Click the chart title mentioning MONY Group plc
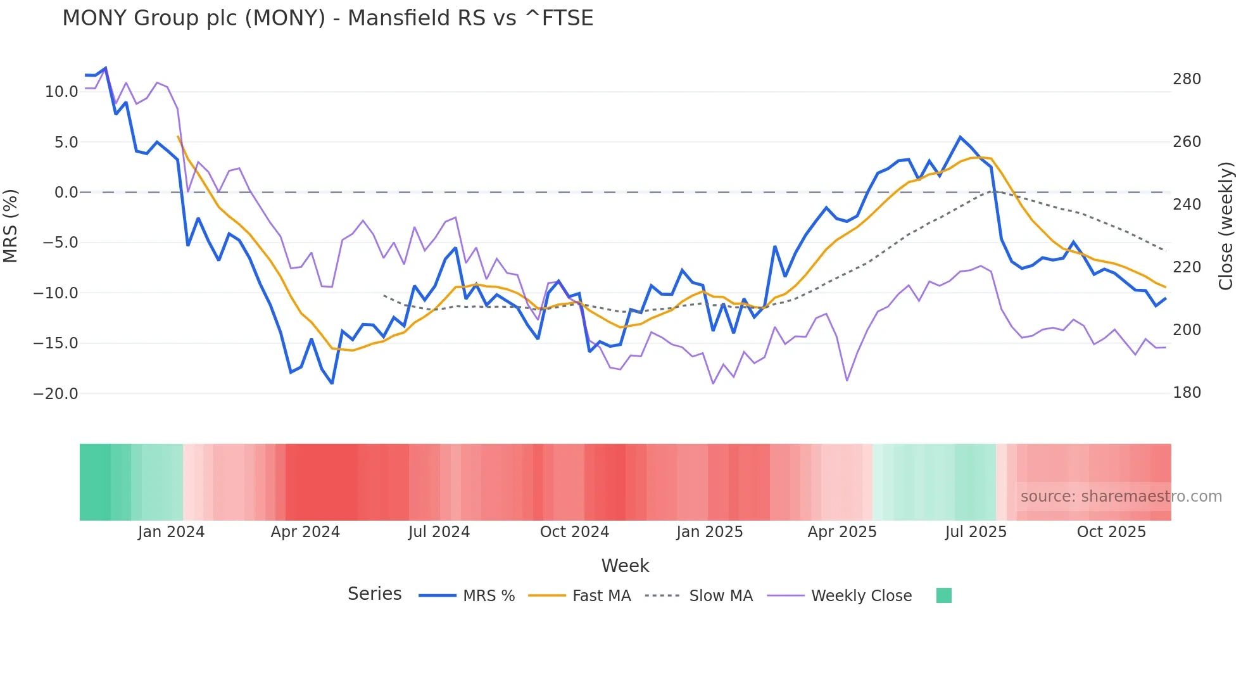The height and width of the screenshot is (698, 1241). (x=327, y=18)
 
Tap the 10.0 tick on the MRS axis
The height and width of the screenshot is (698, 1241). (x=61, y=92)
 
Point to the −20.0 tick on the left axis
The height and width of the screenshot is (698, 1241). (x=56, y=394)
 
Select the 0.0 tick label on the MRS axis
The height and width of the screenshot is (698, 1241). (x=66, y=193)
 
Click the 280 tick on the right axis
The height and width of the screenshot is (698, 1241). (x=1187, y=79)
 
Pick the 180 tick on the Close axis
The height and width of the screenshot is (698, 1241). (x=1187, y=393)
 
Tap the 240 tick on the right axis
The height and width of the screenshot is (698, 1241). (x=1187, y=205)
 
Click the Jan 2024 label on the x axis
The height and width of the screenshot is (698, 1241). (x=171, y=532)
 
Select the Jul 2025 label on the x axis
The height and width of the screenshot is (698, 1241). (x=976, y=532)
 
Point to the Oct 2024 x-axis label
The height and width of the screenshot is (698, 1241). (x=574, y=532)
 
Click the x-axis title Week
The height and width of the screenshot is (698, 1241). (x=625, y=566)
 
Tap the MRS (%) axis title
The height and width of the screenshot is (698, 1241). (x=11, y=225)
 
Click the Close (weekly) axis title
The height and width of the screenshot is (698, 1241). (x=1226, y=226)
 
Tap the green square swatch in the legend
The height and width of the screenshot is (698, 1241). (x=943, y=595)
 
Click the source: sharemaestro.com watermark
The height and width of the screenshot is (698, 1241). (x=1121, y=497)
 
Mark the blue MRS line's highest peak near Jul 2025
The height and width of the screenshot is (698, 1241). (x=960, y=137)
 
